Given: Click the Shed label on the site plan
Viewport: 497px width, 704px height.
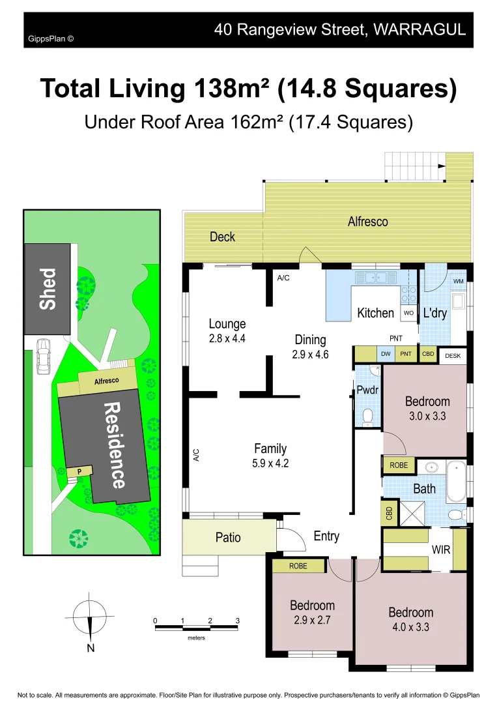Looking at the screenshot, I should point(48,289).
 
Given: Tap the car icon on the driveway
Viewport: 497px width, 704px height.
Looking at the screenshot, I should point(43,356).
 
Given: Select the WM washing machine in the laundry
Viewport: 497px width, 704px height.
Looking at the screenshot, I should point(459,282).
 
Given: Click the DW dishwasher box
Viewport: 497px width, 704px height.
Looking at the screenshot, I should point(386,354).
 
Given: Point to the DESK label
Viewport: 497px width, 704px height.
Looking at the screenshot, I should point(453,356).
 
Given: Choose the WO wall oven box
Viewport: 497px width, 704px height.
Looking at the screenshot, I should point(408,313).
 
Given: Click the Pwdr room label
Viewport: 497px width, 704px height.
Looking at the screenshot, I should point(368,391).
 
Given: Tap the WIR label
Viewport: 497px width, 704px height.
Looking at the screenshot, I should point(441,550).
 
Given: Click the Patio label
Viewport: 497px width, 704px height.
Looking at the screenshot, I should point(228,537).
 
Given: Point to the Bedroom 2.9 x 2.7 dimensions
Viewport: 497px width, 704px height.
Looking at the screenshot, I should point(312,620).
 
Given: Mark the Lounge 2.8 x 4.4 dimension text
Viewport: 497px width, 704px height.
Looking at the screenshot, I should point(227,338).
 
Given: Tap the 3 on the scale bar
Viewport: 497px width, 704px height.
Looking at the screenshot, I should point(238,621).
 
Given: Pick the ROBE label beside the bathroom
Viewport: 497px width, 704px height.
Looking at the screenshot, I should point(399,465).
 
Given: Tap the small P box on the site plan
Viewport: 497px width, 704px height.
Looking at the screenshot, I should point(79,471).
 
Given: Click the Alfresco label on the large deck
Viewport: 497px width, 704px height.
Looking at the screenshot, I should point(367,222).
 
